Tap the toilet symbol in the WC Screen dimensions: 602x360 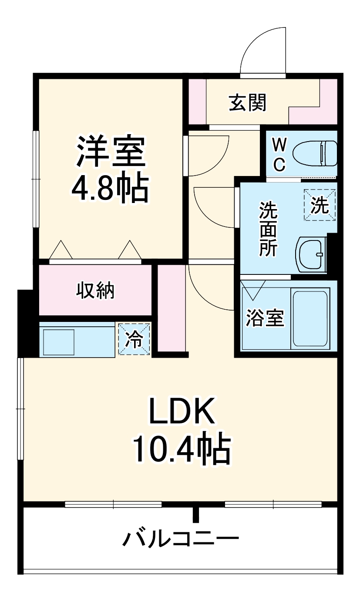pos(316,154)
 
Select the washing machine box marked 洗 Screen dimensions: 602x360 pos(320,205)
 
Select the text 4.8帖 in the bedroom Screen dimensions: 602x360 pos(110,189)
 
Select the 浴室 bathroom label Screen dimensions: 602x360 pos(265,318)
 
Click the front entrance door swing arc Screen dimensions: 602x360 pos(261,50)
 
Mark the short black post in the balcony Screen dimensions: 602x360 pos(196,514)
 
